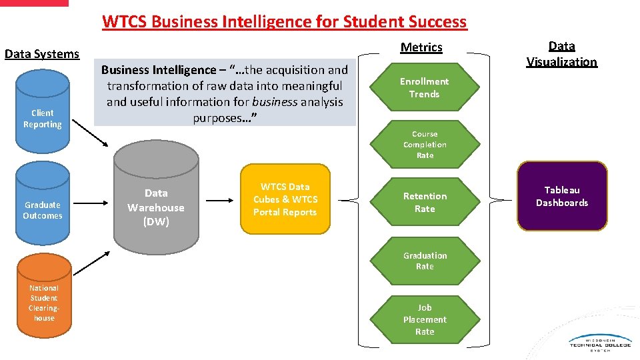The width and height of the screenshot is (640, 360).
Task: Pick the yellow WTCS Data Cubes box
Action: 285,199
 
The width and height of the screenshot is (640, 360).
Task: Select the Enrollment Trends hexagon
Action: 425,87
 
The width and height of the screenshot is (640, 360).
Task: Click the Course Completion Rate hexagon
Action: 425,145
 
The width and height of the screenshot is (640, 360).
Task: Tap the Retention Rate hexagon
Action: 425,202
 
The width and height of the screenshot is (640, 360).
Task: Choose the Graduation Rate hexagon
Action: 425,261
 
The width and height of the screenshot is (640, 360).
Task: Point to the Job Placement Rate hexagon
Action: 425,319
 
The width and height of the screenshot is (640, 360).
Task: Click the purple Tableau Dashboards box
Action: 562,196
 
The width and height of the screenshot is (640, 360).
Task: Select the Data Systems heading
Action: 42,54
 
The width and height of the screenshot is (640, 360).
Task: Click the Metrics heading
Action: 421,47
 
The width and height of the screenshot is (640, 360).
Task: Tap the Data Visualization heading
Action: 561,54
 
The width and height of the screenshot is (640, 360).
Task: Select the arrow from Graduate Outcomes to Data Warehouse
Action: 92,199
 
